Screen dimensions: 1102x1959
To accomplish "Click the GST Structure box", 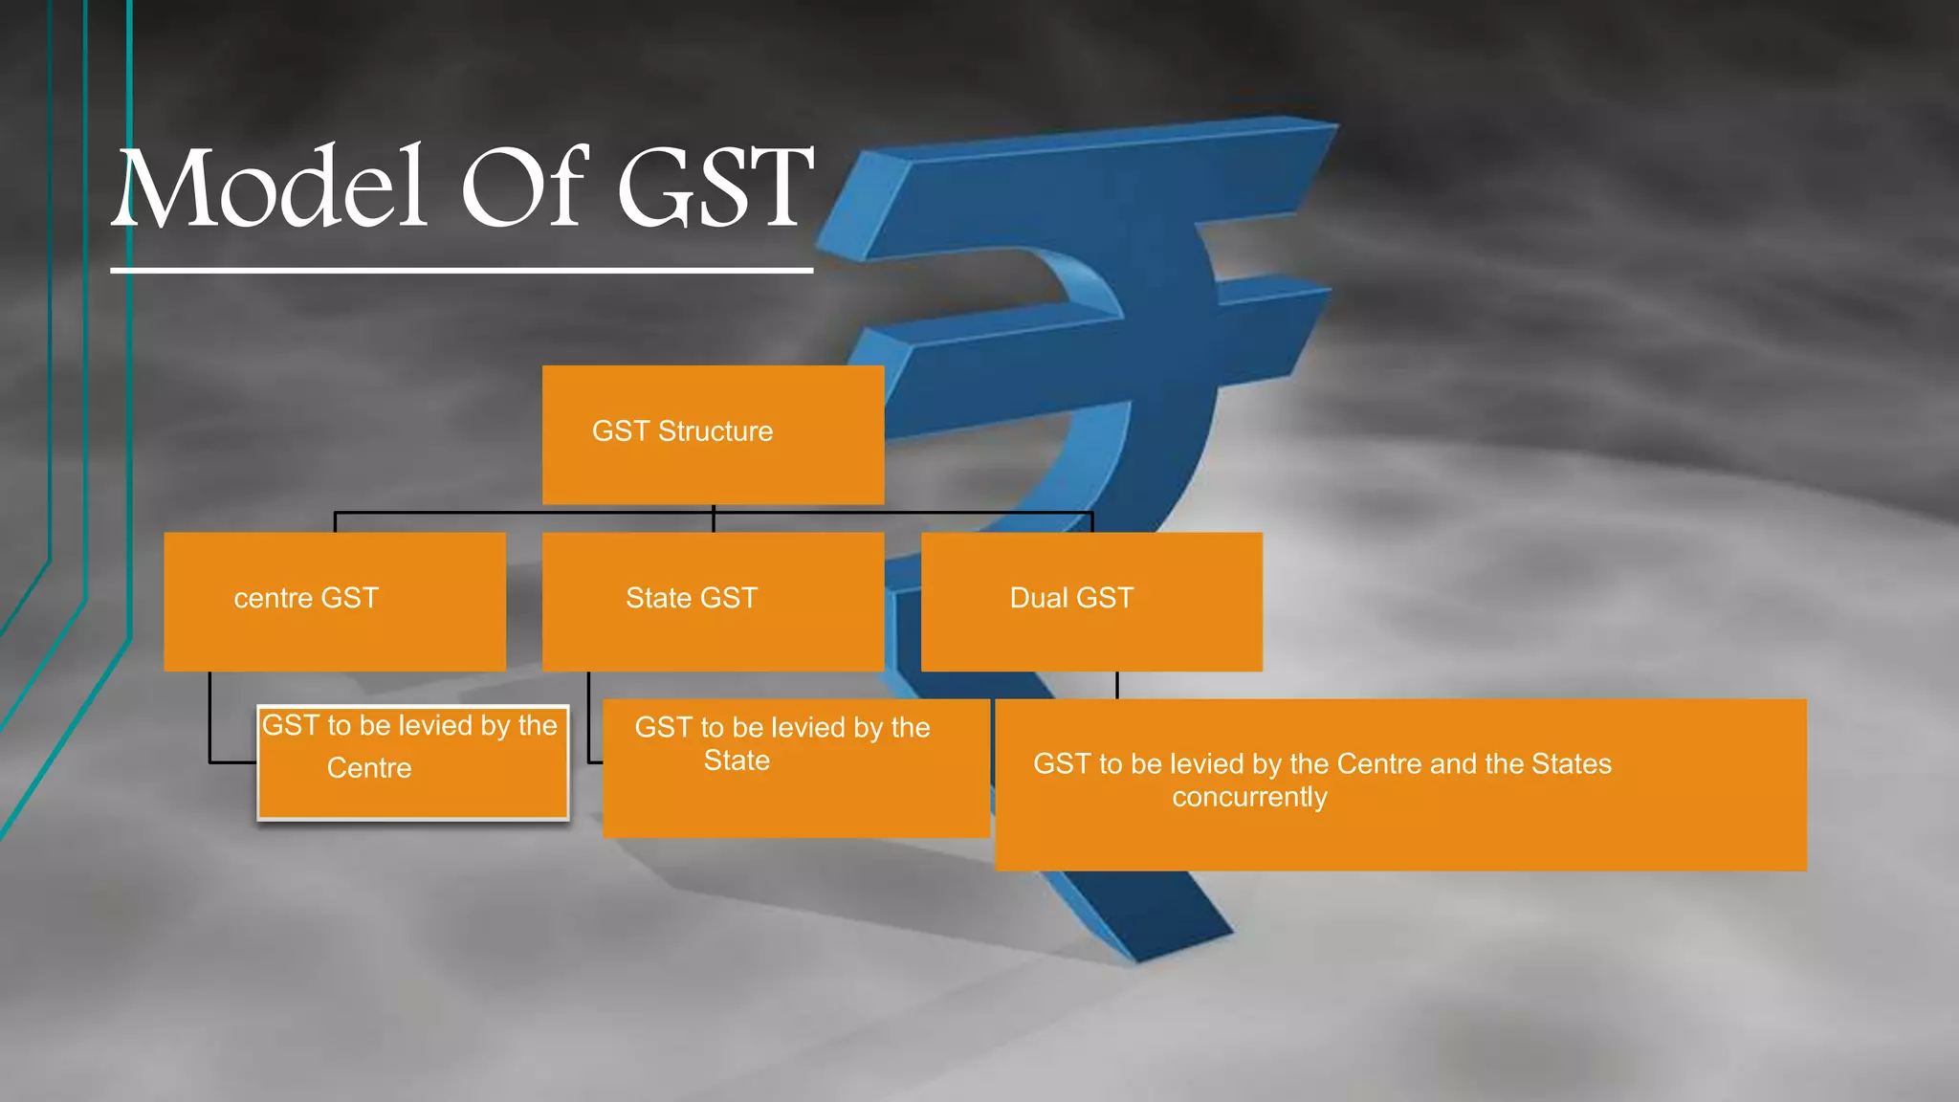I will coord(713,435).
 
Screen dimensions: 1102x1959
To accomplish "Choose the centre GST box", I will coord(335,602).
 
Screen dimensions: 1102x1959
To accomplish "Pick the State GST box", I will coord(713,602).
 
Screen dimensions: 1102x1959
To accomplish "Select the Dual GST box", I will coord(1091,602).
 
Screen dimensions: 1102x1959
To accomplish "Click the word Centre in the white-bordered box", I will coord(369,768).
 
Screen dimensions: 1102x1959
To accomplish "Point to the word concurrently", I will coord(1249,797).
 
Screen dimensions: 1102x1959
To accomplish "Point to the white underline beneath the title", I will coord(461,271).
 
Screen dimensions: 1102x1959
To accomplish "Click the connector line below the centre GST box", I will coord(210,717).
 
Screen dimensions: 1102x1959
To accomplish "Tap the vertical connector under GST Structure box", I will coord(714,518).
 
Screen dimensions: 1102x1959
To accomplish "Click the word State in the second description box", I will coord(737,760).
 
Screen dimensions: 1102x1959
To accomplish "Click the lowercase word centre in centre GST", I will coord(274,599).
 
